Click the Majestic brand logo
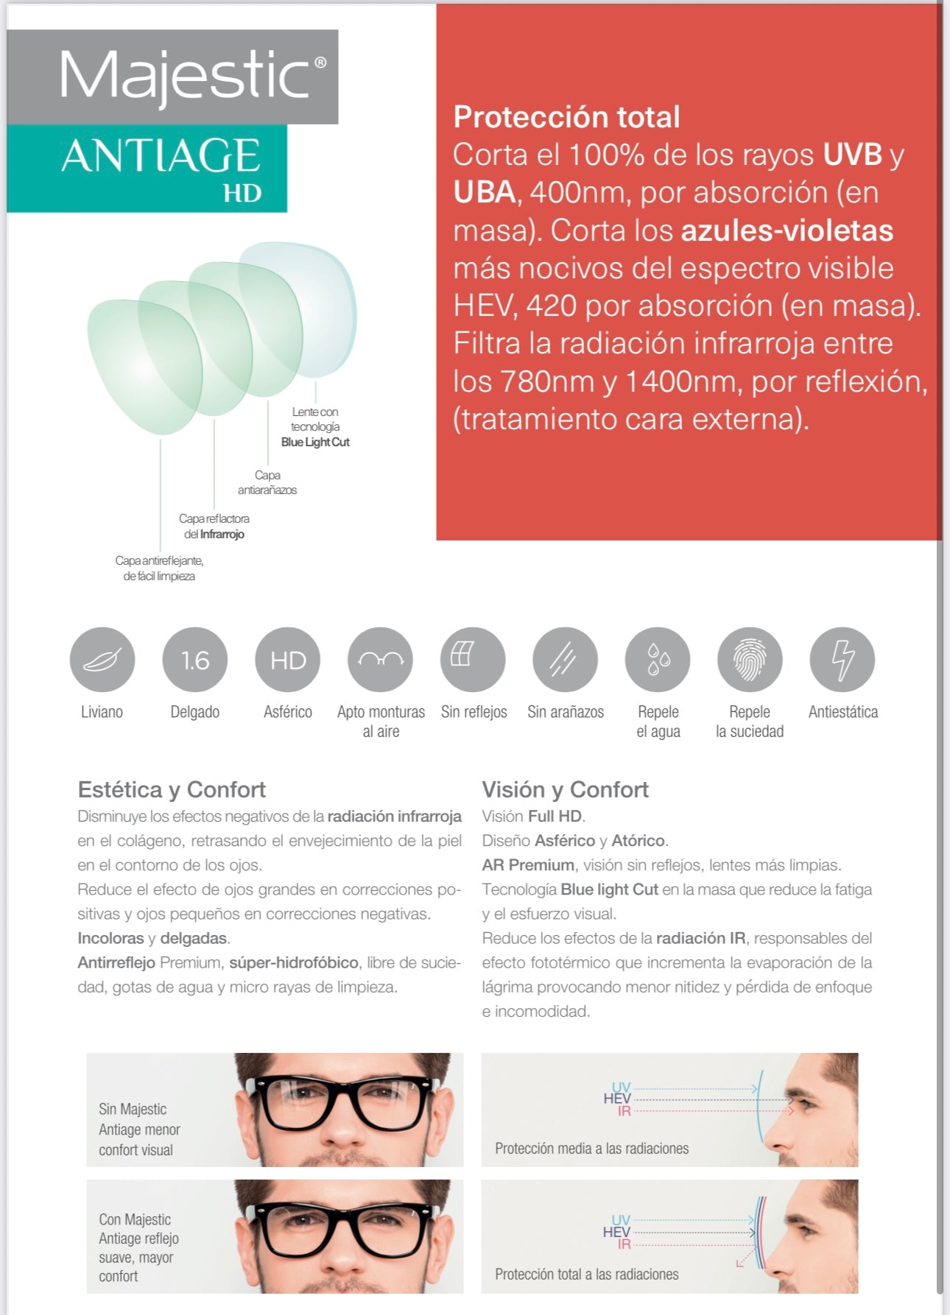[x=188, y=77]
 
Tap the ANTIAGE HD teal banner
[x=161, y=168]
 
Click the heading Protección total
[x=566, y=117]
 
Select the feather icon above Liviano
[x=102, y=660]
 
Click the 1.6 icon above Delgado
[x=195, y=660]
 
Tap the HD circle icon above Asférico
[x=288, y=660]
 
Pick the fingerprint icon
[x=750, y=660]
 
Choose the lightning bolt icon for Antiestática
[x=842, y=660]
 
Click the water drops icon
[x=658, y=660]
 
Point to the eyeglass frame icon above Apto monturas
[x=381, y=660]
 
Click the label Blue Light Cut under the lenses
[x=315, y=442]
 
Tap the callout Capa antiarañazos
[x=267, y=482]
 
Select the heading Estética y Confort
[x=172, y=789]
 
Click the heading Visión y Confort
[x=565, y=789]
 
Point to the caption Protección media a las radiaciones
[x=591, y=1149]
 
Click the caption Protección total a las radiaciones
[x=586, y=1275]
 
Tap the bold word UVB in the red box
[x=852, y=155]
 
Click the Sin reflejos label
[x=474, y=712]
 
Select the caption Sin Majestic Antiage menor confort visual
[x=139, y=1129]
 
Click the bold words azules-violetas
[x=787, y=230]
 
